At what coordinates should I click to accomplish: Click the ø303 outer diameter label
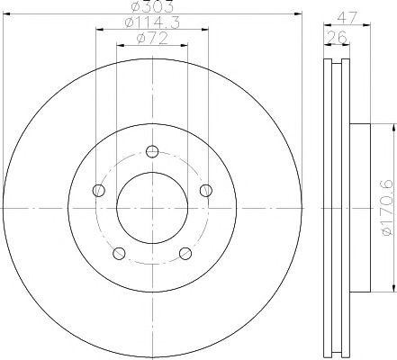[x=152, y=10]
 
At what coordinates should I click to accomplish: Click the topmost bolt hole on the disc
[x=152, y=150]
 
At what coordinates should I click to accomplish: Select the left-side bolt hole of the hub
[x=98, y=189]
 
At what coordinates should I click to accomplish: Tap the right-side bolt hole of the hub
[x=206, y=189]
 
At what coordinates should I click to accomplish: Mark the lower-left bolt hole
[x=119, y=253]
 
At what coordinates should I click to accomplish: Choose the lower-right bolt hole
[x=185, y=253]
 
